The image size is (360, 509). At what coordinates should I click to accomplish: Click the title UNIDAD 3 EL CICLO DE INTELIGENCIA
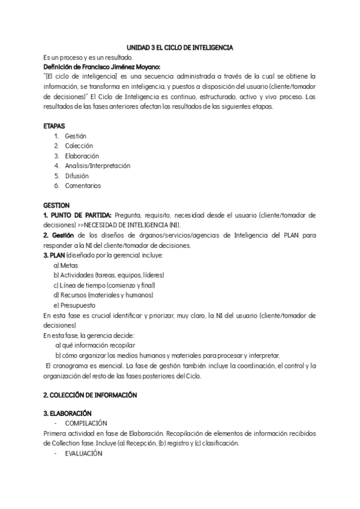point(180,47)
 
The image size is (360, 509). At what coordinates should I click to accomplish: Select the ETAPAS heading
point(55,127)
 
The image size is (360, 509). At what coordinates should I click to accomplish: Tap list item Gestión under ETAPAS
point(75,136)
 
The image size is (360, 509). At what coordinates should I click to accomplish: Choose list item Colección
point(79,146)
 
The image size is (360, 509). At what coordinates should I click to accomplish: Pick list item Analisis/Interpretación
point(97,166)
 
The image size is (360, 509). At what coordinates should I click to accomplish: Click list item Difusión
point(76,176)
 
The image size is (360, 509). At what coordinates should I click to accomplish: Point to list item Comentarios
point(83,185)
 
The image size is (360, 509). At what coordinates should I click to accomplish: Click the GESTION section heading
point(57,205)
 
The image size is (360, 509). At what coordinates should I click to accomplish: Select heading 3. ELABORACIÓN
point(67,414)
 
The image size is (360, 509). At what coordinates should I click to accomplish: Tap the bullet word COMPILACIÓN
point(86,423)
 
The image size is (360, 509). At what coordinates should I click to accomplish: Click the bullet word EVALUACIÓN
point(83,453)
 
